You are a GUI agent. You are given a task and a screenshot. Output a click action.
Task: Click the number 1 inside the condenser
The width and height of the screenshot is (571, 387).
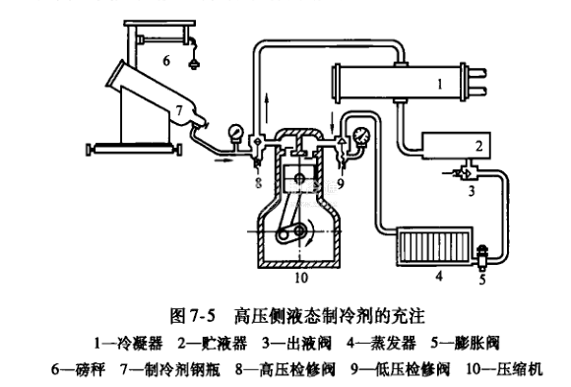(440, 85)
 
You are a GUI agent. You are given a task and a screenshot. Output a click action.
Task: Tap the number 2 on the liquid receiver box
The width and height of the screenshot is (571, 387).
(479, 146)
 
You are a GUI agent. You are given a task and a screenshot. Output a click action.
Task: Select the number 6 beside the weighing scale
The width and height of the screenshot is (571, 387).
(166, 60)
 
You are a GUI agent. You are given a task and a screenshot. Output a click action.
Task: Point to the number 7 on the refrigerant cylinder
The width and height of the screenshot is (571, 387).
(179, 110)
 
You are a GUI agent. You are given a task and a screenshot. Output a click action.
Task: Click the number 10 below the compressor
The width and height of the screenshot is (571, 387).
(301, 278)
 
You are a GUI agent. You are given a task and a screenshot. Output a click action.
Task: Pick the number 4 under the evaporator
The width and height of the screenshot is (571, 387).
(439, 276)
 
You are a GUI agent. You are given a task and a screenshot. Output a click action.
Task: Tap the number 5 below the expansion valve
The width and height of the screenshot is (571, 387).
(482, 280)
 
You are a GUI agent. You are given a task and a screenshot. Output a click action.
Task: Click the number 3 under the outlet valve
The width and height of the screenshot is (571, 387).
(472, 191)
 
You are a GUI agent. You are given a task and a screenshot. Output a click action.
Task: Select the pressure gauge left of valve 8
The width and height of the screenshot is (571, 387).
(236, 133)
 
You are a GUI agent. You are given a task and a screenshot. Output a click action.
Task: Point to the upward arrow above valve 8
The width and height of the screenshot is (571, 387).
(267, 108)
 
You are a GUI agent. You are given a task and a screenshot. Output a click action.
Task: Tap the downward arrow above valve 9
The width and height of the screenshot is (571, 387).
(332, 122)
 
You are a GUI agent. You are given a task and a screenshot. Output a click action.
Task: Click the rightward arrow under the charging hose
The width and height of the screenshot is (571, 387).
(222, 160)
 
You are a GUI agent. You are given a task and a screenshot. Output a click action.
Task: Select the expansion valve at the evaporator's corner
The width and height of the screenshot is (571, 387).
(481, 255)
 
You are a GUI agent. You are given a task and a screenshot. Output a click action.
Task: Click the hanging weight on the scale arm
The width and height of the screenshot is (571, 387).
(194, 65)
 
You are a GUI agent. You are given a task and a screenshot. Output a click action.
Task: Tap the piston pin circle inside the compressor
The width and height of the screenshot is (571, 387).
(299, 178)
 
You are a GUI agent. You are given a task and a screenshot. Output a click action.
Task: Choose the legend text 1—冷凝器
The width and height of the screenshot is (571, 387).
(128, 344)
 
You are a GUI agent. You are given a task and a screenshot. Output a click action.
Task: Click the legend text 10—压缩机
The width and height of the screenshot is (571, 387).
(504, 368)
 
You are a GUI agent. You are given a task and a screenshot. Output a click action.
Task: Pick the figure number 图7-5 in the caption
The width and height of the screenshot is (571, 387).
(193, 315)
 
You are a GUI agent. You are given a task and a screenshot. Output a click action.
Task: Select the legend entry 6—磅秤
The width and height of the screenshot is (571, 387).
(79, 368)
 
